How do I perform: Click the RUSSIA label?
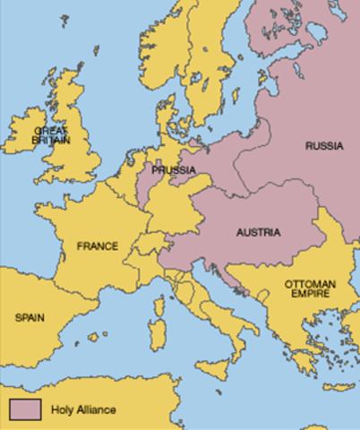[x=324, y=145]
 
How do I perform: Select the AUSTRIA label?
[x=258, y=233]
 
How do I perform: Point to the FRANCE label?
[x=98, y=245]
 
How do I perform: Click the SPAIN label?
[x=32, y=317]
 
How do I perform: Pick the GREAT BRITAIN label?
[x=50, y=135]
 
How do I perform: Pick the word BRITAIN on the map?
[x=50, y=141]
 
